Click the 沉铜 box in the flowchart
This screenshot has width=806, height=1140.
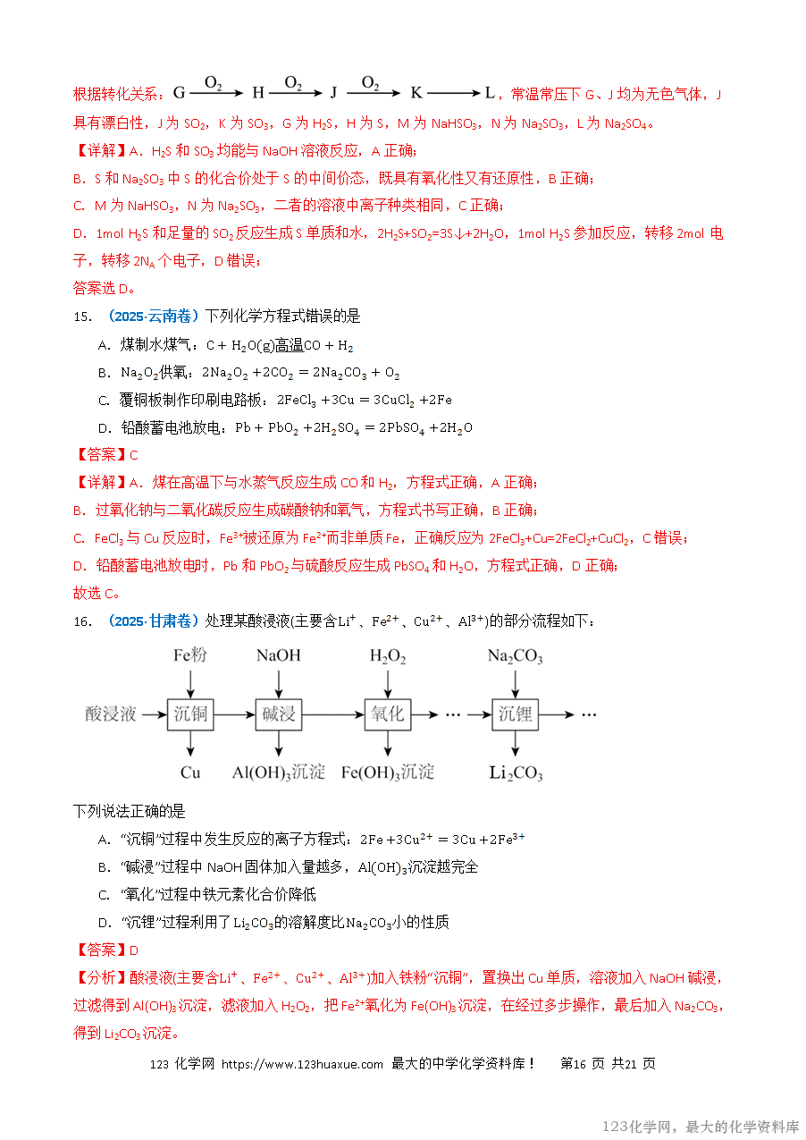(x=191, y=714)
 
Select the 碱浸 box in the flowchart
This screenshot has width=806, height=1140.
(x=279, y=714)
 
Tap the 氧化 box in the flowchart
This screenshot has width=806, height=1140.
(x=388, y=714)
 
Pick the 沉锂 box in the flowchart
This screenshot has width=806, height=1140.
(x=516, y=714)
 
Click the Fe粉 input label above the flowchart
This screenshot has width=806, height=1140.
(x=190, y=655)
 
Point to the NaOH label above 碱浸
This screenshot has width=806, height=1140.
(x=279, y=655)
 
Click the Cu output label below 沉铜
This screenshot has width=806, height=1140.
(x=190, y=773)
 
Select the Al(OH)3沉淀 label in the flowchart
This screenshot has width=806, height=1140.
(x=279, y=773)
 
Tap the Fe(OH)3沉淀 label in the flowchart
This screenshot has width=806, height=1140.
(x=388, y=773)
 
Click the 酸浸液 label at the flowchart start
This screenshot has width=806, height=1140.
(x=111, y=714)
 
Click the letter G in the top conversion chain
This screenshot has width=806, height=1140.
(x=179, y=93)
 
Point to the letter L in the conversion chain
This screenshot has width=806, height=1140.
(x=490, y=93)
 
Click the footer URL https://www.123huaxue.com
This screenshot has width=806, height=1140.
(x=302, y=1064)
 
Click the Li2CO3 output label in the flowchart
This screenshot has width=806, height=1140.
(x=516, y=773)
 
